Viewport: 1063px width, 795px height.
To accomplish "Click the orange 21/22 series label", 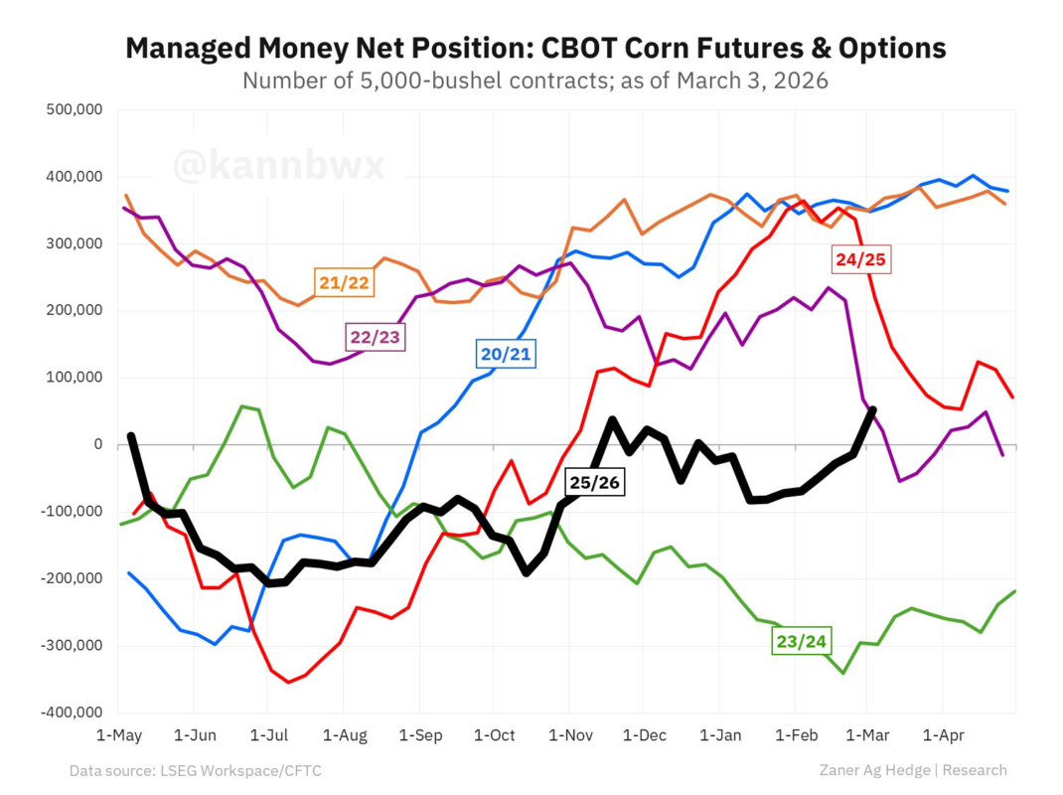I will click(x=344, y=283).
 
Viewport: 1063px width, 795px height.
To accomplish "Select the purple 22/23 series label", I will click(x=376, y=337).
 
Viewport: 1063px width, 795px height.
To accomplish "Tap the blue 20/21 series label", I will click(x=506, y=354).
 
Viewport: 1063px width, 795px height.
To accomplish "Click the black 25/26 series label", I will click(x=594, y=483).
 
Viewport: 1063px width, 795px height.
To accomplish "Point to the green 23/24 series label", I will click(x=802, y=642).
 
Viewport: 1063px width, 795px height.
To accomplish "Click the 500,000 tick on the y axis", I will click(x=76, y=110).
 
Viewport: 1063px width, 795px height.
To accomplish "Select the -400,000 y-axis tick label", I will click(x=73, y=713).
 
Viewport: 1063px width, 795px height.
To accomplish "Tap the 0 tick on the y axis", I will click(x=98, y=444).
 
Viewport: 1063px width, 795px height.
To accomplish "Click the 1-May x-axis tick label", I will click(x=118, y=736).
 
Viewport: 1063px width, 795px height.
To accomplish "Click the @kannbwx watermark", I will click(x=279, y=166).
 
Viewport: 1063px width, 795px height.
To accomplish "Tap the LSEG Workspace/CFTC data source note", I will click(x=237, y=770).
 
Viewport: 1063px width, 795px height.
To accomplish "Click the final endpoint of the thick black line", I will click(x=872, y=409).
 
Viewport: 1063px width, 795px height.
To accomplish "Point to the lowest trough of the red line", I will click(x=289, y=682).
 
